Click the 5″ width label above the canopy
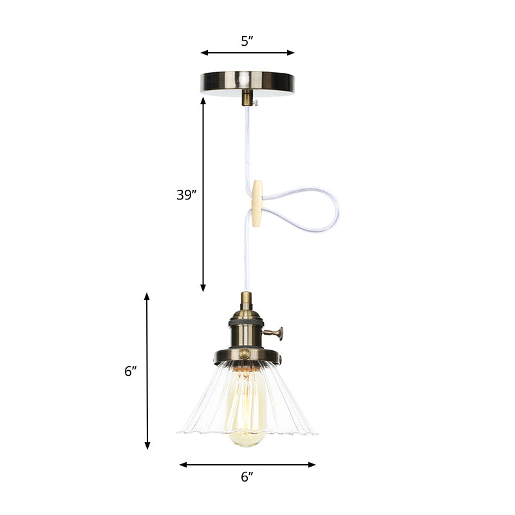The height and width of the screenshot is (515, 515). (247, 41)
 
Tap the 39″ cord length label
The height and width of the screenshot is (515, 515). (186, 194)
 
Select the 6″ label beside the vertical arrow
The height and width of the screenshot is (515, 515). (131, 371)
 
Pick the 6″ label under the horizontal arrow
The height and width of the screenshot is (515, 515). (247, 477)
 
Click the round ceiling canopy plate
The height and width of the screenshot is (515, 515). (247, 81)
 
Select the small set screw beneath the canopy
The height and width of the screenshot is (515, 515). (256, 102)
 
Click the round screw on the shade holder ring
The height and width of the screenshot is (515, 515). (245, 354)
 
